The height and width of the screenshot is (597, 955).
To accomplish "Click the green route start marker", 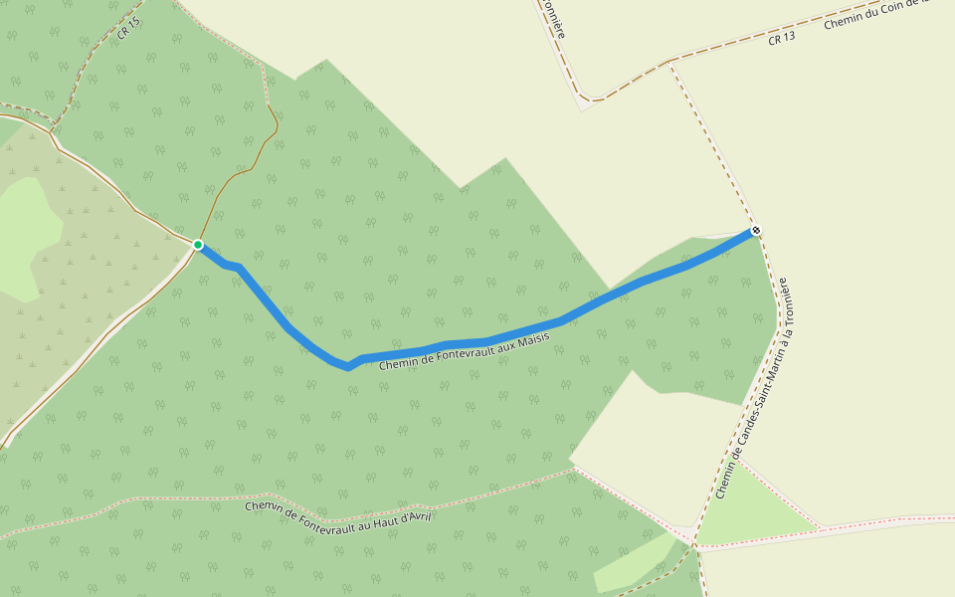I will click(x=198, y=245).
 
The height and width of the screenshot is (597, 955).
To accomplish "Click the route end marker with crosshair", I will click(x=756, y=231).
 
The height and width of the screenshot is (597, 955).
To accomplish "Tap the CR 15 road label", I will click(x=129, y=28).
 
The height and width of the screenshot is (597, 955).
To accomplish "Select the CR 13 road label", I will click(x=782, y=39).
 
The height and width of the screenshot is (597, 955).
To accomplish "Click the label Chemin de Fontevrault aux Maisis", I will click(x=465, y=351).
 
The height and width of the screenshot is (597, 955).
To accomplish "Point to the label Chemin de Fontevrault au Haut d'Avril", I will click(x=338, y=513).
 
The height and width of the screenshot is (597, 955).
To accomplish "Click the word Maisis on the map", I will click(x=531, y=339).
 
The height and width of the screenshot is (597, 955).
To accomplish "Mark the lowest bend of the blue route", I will click(x=347, y=367).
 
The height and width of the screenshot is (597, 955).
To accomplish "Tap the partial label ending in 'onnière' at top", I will click(x=553, y=18).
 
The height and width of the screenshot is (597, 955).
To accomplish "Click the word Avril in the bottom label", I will click(x=418, y=517).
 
